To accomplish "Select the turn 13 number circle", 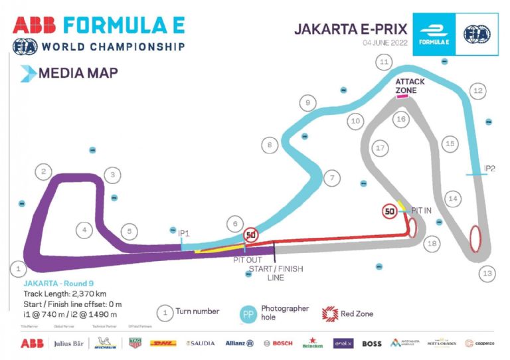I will point(488,273).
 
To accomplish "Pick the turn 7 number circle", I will point(331,178).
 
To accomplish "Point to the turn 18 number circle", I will point(432,244).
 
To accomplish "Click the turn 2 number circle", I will point(43,172).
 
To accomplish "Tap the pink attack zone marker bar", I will point(402,97).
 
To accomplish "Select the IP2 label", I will point(489,169).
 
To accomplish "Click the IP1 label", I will point(184,233).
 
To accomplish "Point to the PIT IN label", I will point(422,210).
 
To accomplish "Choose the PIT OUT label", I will point(246,260).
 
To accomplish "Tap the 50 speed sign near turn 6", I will point(250,234).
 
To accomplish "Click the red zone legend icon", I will point(330,313).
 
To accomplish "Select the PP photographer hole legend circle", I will point(247,314).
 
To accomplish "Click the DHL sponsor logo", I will point(163,343).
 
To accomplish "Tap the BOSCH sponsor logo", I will point(278,343).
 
